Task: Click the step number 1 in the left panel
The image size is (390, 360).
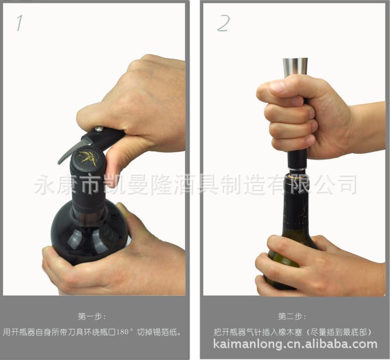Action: point(20,23)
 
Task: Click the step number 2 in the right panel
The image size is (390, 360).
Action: point(222,23)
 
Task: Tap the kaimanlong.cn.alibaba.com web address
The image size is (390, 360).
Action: point(295,344)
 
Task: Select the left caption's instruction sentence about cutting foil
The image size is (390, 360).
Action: point(93,331)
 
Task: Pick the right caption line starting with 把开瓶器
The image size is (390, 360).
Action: point(292,331)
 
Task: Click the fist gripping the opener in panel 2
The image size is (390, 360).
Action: point(298,117)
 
